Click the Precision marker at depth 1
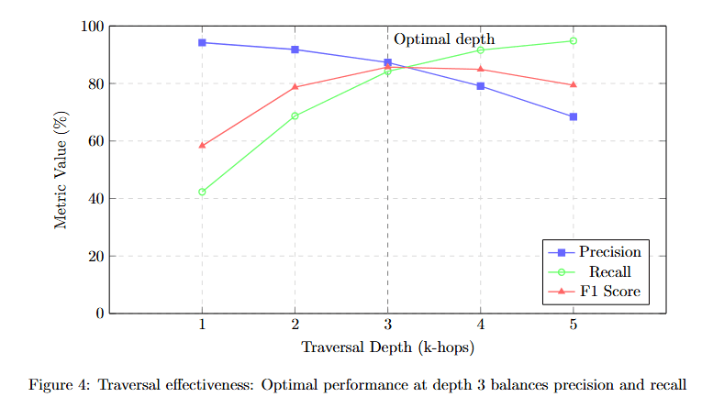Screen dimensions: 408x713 (202, 42)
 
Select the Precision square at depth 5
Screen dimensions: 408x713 (574, 116)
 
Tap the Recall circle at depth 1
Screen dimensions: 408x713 (202, 192)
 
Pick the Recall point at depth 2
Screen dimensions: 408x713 (295, 116)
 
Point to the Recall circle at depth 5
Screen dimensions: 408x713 (574, 40)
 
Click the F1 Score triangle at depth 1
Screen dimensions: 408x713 (202, 145)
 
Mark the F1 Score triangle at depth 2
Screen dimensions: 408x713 (295, 87)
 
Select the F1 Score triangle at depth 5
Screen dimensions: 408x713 (574, 84)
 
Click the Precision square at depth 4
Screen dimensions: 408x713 (481, 86)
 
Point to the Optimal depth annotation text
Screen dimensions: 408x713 (444, 39)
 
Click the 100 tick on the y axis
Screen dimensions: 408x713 (91, 27)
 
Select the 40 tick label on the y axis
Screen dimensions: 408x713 (94, 199)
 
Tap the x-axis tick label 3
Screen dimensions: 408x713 (387, 325)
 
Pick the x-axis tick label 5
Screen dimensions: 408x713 (574, 325)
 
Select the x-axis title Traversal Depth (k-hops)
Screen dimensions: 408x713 (387, 348)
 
